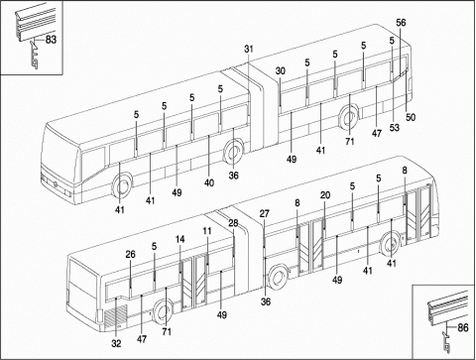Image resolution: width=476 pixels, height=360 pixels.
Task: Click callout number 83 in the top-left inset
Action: coord(51,40)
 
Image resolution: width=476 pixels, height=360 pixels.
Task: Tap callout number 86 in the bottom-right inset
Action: coord(463,327)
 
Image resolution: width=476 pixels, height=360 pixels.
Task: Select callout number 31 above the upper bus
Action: coord(249,49)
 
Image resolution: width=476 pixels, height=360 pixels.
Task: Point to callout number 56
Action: coord(401,23)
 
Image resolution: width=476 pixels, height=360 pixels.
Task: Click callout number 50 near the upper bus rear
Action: coord(411,117)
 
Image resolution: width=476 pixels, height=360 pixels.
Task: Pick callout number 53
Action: coord(394,127)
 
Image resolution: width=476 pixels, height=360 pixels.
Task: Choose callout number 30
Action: coord(281,70)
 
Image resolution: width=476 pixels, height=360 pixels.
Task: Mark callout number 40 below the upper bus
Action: coord(209,182)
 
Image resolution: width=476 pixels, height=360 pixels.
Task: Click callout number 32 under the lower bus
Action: coord(116,344)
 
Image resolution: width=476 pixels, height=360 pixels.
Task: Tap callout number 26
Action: coord(131,254)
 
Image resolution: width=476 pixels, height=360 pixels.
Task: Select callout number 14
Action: coord(180,239)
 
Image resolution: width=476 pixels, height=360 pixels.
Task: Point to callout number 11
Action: coord(207,231)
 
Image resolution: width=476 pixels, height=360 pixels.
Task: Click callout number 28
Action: coord(233,223)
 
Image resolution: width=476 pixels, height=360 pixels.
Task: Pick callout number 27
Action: coord(265,213)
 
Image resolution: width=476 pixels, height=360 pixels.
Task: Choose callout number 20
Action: coord(325,195)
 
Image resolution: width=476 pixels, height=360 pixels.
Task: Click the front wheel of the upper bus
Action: coord(122,186)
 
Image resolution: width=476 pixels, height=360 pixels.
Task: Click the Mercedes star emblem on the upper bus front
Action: coord(56,184)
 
